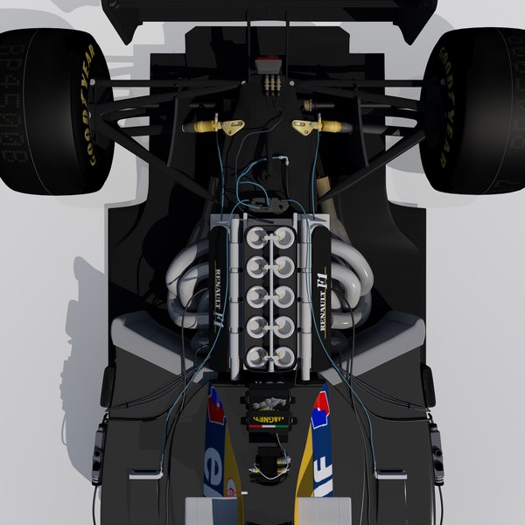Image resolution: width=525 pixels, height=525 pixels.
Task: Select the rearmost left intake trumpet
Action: (x=256, y=236)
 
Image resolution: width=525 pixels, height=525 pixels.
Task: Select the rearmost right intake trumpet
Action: (x=284, y=236)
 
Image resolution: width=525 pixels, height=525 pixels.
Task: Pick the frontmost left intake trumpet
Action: (x=256, y=356)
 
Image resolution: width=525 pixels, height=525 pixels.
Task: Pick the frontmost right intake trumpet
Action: (x=284, y=356)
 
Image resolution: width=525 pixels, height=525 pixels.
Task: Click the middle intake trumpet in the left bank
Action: (x=256, y=296)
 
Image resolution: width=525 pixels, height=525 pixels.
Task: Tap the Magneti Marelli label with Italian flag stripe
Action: (x=269, y=419)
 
